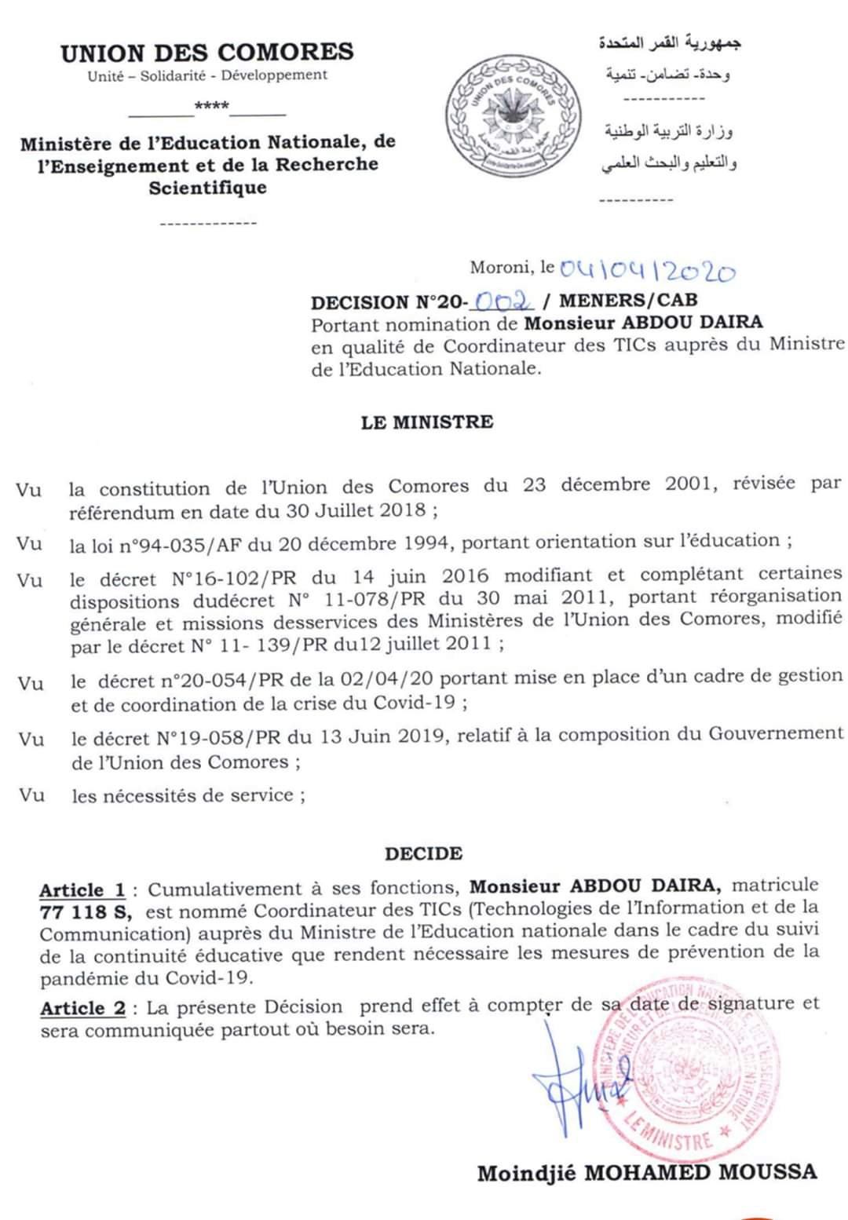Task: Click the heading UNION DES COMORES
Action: [x=207, y=53]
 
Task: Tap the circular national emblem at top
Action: [x=514, y=115]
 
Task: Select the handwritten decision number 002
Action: [x=503, y=301]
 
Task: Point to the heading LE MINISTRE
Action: [x=427, y=422]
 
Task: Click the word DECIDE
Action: [x=424, y=853]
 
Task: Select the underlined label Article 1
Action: [x=82, y=890]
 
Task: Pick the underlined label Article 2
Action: [x=83, y=1008]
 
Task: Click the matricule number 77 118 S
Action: [x=86, y=912]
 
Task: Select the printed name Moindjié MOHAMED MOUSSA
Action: [x=647, y=1173]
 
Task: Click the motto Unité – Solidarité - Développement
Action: [x=207, y=75]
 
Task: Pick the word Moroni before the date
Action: [x=500, y=267]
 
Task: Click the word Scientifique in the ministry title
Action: [x=208, y=188]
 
